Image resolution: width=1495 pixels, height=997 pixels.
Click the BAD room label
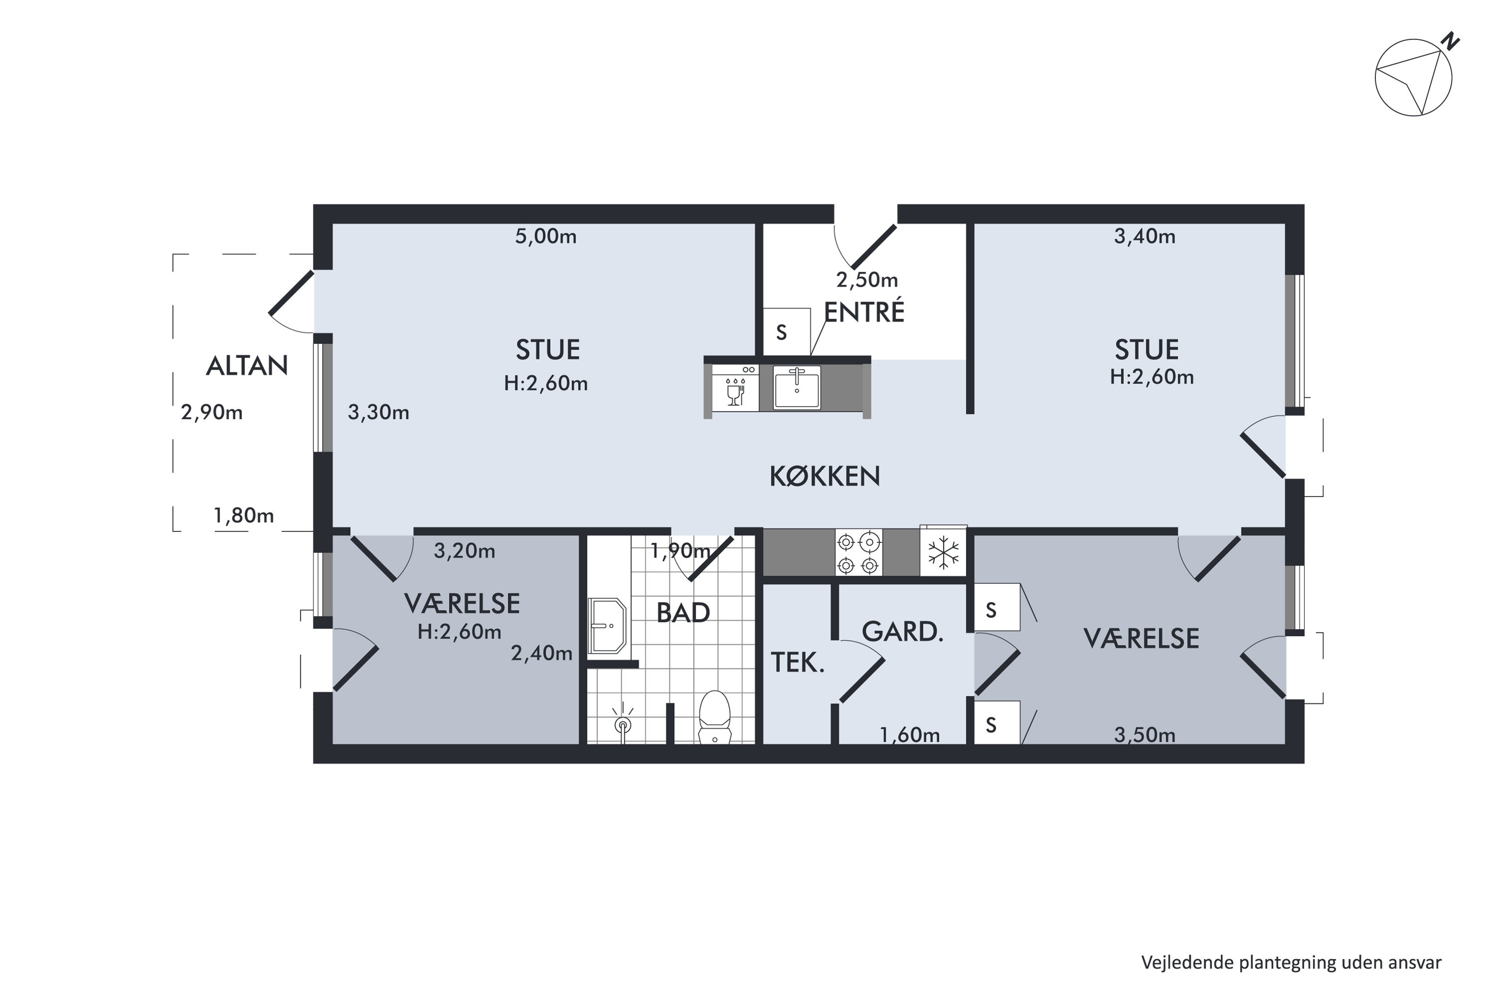pyautogui.click(x=683, y=613)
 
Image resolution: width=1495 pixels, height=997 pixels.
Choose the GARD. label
pyautogui.click(x=902, y=632)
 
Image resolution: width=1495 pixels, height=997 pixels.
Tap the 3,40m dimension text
pyautogui.click(x=1144, y=236)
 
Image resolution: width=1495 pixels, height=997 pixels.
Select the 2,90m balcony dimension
pyautogui.click(x=212, y=413)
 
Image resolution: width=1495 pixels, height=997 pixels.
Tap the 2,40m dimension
pyautogui.click(x=542, y=654)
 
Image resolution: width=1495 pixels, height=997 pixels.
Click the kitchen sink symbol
pyautogui.click(x=796, y=387)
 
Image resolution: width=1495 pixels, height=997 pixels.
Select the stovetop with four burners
pyautogui.click(x=858, y=552)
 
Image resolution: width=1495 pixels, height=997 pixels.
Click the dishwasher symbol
pyautogui.click(x=736, y=388)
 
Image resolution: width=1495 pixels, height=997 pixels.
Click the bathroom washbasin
pyautogui.click(x=607, y=626)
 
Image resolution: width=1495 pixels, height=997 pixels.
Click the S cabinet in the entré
pyautogui.click(x=786, y=332)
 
